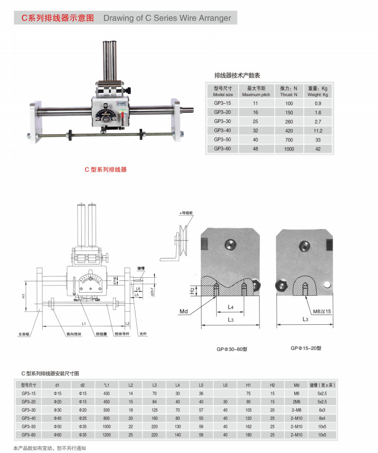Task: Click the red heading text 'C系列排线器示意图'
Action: click(57, 18)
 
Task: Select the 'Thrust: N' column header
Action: click(289, 94)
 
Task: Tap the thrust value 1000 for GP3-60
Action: click(289, 149)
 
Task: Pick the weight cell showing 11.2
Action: click(318, 130)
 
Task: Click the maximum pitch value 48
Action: click(256, 149)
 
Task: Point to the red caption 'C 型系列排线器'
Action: click(105, 169)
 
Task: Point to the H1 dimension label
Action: click(24, 296)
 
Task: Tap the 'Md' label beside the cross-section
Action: click(184, 310)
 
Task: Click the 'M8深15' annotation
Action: click(322, 311)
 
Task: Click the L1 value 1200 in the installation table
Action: click(106, 435)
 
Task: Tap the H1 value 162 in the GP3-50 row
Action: click(248, 426)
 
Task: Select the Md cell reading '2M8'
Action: click(296, 401)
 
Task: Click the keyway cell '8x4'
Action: click(322, 418)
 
